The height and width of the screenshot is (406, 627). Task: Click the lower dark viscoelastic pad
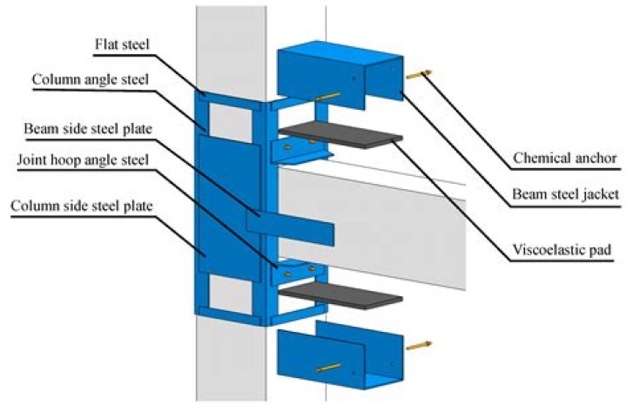340,295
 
